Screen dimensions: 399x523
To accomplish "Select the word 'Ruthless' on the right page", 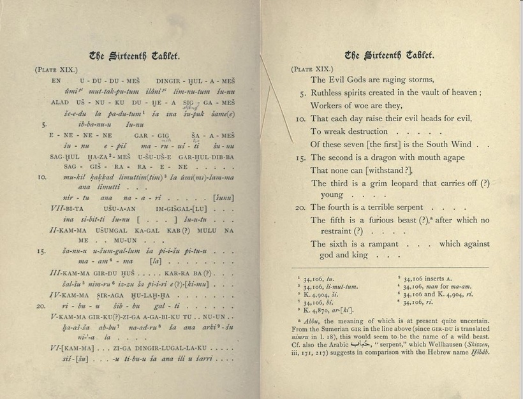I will pos(330,92).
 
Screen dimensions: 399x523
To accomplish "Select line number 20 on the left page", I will pos(41,306).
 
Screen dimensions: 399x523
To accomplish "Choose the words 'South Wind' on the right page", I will pos(455,145).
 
